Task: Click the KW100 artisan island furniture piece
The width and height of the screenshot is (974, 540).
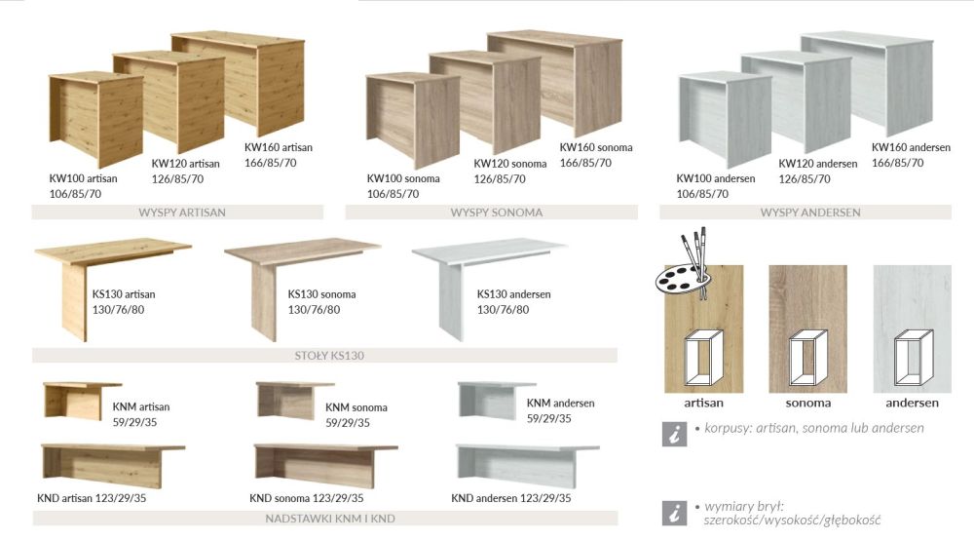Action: (96, 117)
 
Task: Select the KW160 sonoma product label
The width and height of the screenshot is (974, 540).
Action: (596, 147)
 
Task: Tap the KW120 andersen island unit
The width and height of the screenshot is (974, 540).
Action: (796, 100)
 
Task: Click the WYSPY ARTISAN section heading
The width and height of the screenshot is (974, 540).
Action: (182, 212)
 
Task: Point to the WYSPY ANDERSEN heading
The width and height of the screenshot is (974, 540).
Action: (810, 212)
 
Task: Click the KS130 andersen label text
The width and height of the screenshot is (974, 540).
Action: (513, 294)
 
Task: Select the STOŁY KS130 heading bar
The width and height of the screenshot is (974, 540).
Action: (329, 356)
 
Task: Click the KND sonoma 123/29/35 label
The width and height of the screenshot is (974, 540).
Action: (306, 498)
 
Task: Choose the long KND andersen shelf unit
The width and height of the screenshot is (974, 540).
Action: (527, 465)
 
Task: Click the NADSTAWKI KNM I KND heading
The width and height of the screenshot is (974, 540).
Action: (330, 519)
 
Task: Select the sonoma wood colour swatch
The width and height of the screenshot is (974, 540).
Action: (807, 328)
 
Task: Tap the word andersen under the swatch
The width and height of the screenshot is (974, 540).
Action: (912, 403)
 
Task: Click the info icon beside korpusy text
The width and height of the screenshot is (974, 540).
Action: (675, 434)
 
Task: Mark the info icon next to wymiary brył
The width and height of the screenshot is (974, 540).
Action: (675, 514)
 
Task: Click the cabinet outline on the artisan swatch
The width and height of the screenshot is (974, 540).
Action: (704, 358)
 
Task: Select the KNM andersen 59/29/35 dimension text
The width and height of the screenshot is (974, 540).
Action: (548, 419)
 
